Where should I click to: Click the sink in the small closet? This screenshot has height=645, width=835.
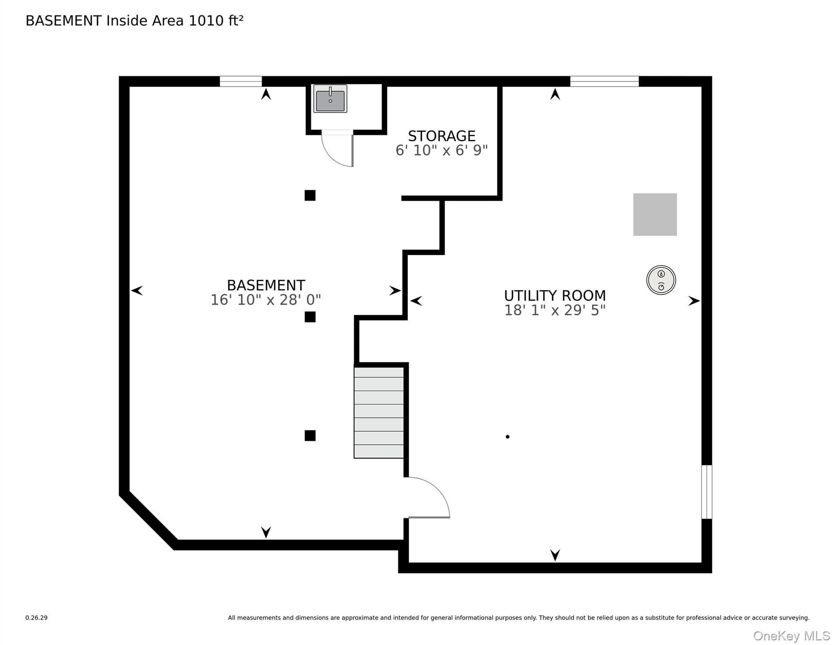(330, 99)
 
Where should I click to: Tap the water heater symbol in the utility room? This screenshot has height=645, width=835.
(661, 280)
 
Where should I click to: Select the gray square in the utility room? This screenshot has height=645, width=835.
(655, 215)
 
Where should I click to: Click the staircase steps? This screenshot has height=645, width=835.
(379, 412)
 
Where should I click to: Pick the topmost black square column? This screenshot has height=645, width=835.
(310, 195)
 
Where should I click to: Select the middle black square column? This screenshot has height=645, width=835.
(310, 317)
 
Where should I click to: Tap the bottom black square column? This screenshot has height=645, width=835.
(310, 435)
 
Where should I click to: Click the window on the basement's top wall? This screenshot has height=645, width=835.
(241, 81)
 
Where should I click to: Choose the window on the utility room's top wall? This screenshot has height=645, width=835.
(604, 81)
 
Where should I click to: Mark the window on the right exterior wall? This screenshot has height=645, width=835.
(707, 492)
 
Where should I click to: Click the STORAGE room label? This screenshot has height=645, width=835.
(442, 136)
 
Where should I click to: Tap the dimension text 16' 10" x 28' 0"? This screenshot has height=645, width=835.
(265, 300)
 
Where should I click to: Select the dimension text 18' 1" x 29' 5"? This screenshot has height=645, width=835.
(555, 310)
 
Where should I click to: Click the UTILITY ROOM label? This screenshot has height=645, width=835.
(555, 296)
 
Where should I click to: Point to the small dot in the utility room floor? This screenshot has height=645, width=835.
(507, 437)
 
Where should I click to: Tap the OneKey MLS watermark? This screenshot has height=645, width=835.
(791, 636)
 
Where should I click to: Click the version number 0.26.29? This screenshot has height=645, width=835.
(37, 618)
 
